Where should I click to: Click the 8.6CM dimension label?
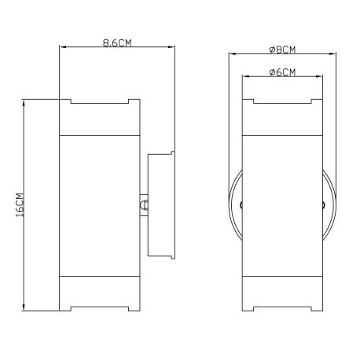(x=117, y=42)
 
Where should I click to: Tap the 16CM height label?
(x=20, y=205)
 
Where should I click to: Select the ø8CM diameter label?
(x=282, y=50)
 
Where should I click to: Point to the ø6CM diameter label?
(x=282, y=72)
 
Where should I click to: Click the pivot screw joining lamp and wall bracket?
(x=144, y=205)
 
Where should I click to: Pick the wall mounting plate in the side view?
(x=161, y=205)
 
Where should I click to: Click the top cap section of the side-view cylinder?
(x=100, y=117)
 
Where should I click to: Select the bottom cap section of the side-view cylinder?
(x=100, y=293)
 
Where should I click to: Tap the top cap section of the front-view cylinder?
(x=282, y=117)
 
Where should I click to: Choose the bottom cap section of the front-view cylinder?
(x=282, y=293)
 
